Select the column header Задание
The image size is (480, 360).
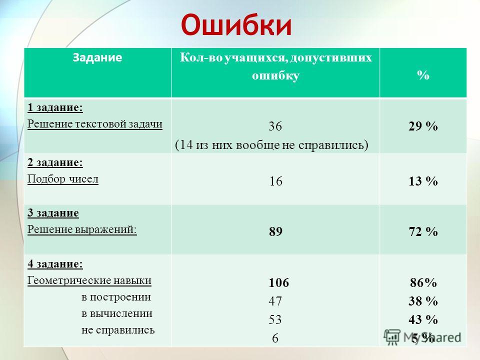click(97, 57)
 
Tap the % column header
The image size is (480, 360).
click(423, 75)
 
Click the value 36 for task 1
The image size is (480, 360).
click(275, 126)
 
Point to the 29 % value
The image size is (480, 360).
click(423, 126)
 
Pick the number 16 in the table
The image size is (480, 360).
click(275, 181)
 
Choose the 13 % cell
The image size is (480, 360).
click(423, 181)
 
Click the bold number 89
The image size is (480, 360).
click(275, 231)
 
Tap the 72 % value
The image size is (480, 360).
click(423, 231)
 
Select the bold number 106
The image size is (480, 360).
click(279, 282)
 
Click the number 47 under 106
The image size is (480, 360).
click(275, 301)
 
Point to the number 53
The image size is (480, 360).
click(275, 319)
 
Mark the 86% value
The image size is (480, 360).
click(423, 282)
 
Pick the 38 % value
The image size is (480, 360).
click(423, 301)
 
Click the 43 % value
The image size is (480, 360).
click(423, 319)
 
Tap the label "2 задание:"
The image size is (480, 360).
click(55, 162)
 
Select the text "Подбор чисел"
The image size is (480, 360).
click(63, 179)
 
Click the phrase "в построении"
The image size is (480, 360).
click(116, 297)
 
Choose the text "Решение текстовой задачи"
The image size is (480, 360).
click(95, 124)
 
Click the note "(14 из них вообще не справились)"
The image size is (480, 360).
click(271, 145)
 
